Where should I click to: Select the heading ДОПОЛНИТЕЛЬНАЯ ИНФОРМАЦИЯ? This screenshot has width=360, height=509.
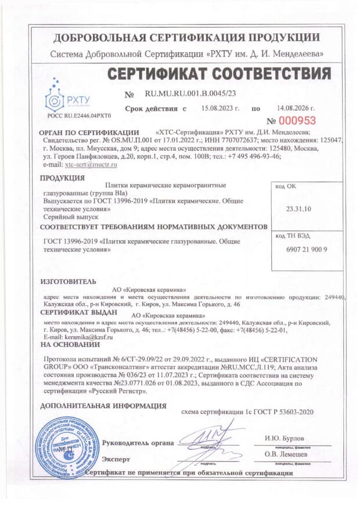(x=103, y=406)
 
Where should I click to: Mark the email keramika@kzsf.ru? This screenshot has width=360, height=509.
(x=82, y=337)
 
